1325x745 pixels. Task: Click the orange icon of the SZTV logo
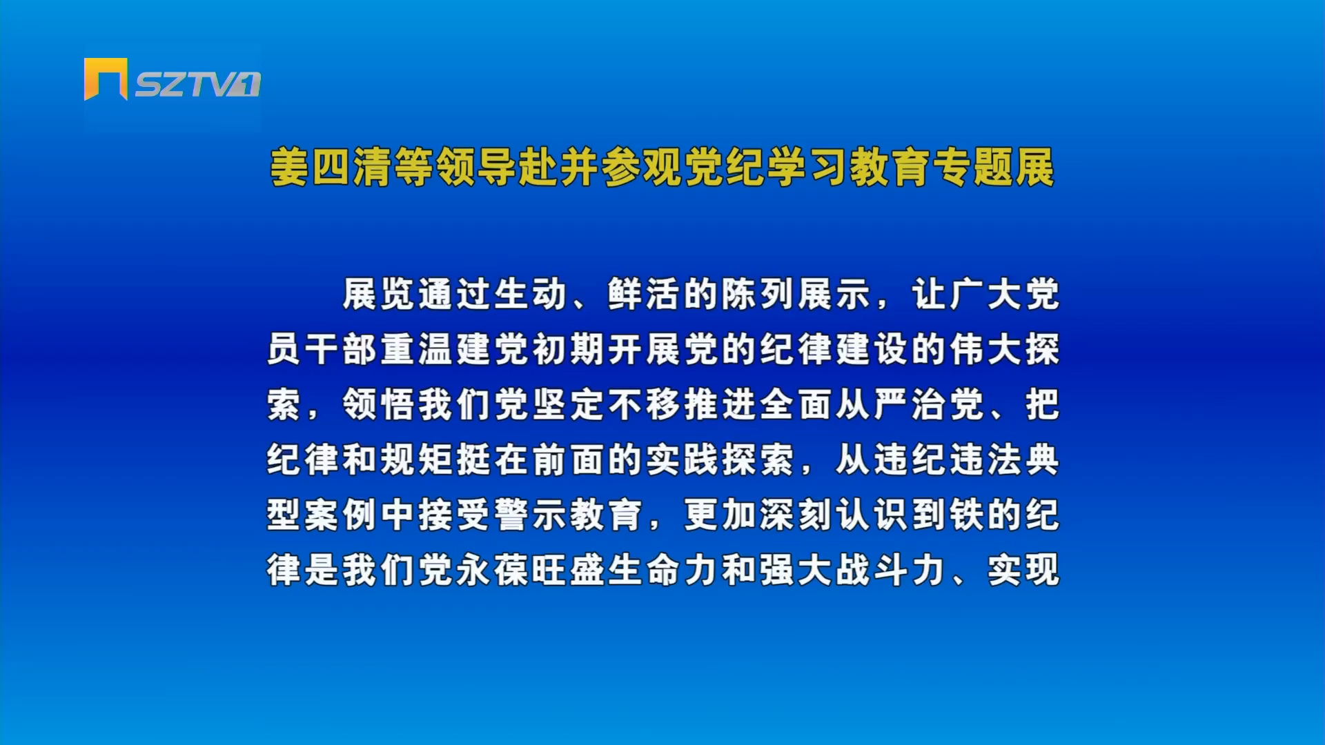point(105,79)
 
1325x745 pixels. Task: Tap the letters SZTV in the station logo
point(186,84)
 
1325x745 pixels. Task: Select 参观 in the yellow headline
point(642,167)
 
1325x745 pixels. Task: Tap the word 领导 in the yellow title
point(476,167)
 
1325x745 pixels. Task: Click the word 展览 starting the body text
point(380,295)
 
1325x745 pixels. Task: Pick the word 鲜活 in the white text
point(645,295)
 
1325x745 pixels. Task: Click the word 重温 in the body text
point(418,350)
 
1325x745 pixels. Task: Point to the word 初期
point(569,350)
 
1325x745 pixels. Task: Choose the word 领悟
point(380,405)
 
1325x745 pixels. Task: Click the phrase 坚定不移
point(607,405)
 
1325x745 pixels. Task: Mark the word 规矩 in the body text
point(418,460)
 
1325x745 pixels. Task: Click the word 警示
point(531,515)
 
